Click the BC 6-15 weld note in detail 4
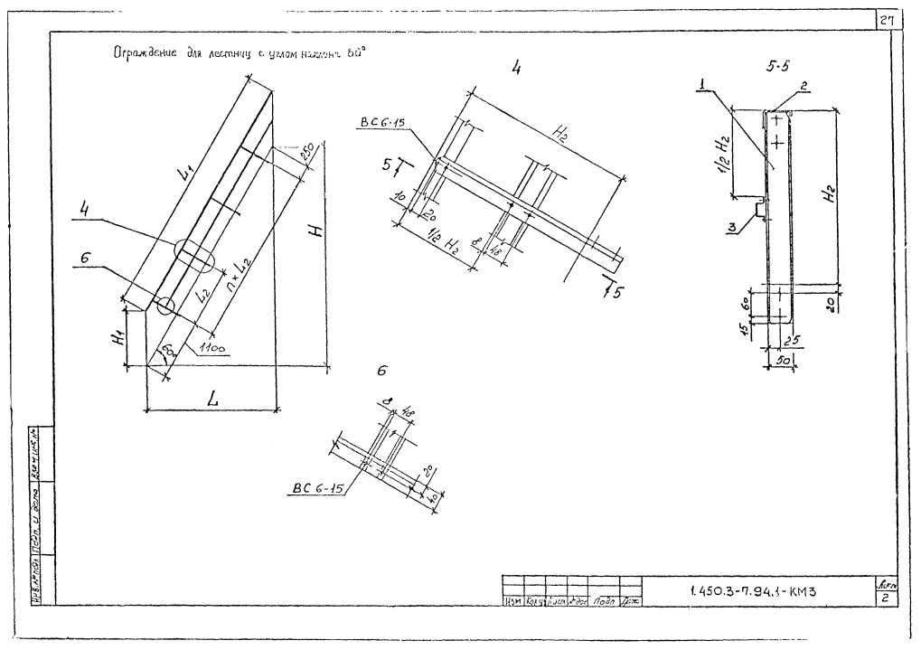pyautogui.click(x=382, y=120)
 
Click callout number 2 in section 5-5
pyautogui.click(x=804, y=87)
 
